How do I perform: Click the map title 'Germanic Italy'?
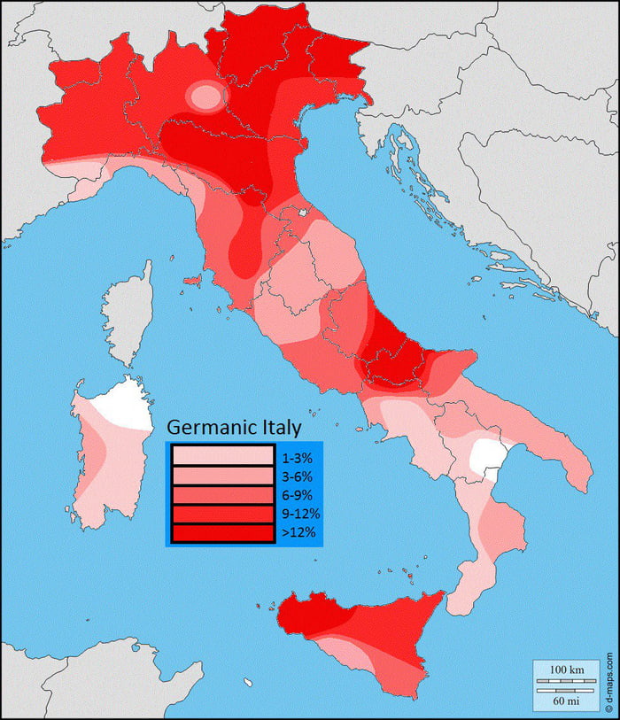235,427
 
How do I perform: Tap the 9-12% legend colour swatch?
223,514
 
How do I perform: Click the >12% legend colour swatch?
223,532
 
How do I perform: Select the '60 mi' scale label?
565,700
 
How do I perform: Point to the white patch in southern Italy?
486,456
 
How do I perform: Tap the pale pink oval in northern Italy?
207,96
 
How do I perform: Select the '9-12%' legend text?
299,514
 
